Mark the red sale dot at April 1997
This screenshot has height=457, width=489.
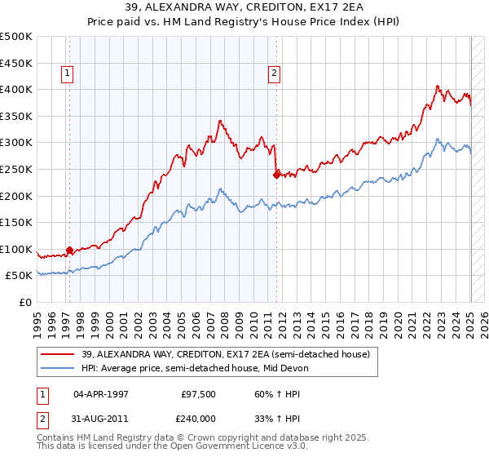(x=69, y=251)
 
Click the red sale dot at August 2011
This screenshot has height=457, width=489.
(x=277, y=174)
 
